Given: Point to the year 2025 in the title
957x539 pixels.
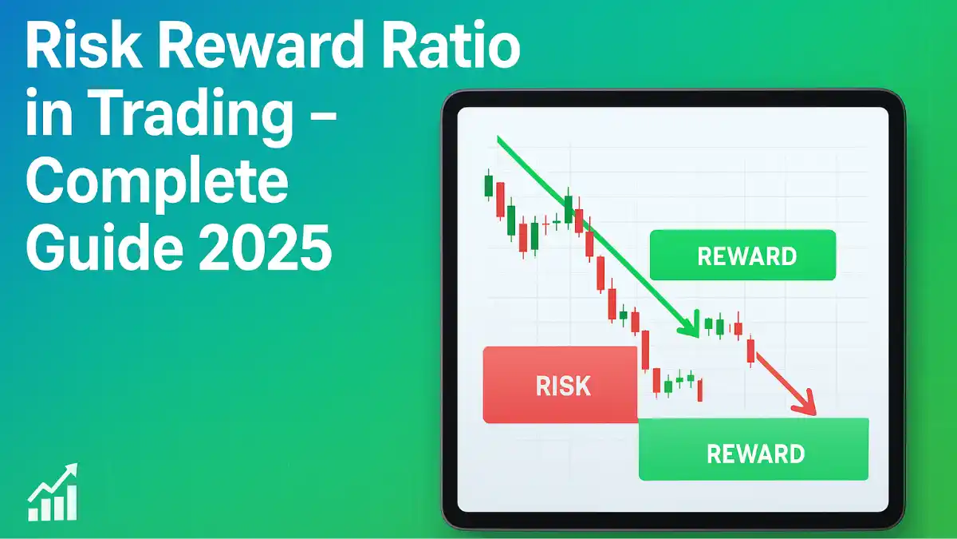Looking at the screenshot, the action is tap(266, 248).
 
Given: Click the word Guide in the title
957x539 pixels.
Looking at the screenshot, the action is tap(105, 248).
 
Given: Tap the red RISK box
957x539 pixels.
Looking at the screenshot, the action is tap(560, 385).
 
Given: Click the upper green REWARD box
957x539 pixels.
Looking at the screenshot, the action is tap(742, 255).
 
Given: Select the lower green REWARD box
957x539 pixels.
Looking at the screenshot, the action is tap(754, 449).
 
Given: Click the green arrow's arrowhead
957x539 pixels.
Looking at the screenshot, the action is tap(690, 327).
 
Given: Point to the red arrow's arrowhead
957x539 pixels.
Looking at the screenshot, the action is tap(805, 403).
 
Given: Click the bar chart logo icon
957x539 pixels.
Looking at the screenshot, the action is tap(53, 492).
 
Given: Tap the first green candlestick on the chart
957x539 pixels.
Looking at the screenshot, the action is tap(488, 185).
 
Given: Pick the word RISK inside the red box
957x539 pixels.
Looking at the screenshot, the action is tap(563, 386).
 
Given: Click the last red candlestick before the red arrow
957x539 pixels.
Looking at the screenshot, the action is tap(750, 350).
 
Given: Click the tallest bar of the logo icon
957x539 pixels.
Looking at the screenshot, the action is tap(72, 504).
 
